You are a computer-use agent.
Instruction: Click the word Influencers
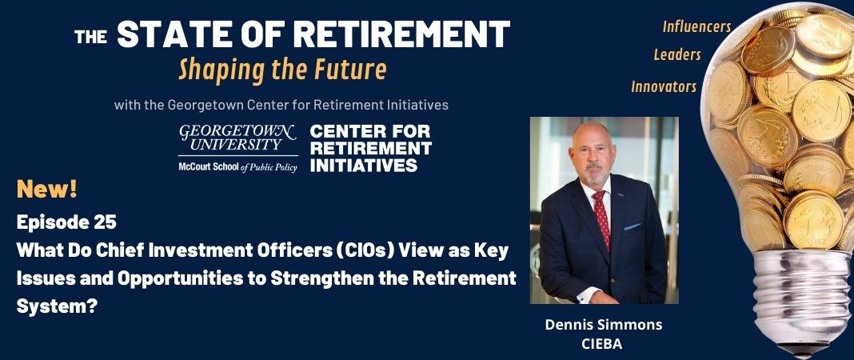[696, 26]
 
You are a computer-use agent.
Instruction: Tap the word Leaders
[677, 55]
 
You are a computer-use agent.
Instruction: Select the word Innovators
[664, 86]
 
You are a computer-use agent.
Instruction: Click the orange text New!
[47, 190]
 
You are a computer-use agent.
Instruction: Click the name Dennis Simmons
[604, 325]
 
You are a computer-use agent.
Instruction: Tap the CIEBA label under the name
[602, 344]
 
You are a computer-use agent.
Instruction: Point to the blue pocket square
[632, 226]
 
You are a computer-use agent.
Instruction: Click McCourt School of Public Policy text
[238, 167]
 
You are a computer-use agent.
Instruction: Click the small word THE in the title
[90, 37]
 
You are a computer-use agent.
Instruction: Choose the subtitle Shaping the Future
[283, 70]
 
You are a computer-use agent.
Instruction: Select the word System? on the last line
[57, 306]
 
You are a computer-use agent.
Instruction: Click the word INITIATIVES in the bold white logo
[363, 166]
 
